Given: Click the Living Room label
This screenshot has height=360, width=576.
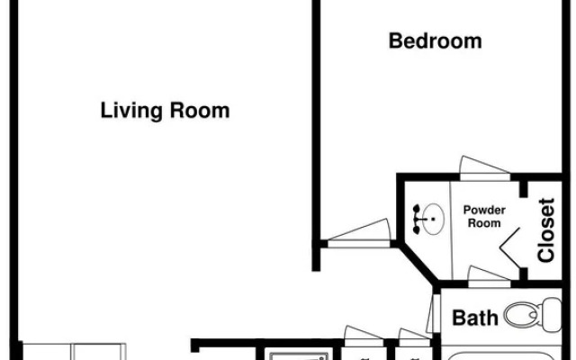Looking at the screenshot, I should pos(165,111).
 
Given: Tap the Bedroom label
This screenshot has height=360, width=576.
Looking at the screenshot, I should pos(435,40).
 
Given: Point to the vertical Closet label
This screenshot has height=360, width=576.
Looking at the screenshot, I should pos(546,230).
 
